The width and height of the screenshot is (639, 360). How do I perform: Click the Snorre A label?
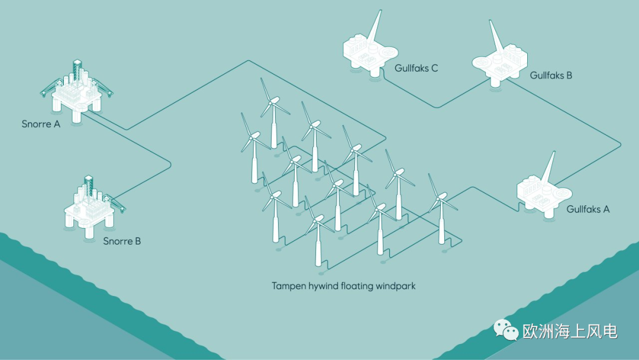click(41, 124)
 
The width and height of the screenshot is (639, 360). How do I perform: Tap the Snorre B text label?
click(122, 242)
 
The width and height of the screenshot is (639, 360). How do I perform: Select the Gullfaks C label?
click(416, 68)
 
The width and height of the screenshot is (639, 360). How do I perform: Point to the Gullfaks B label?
click(551, 75)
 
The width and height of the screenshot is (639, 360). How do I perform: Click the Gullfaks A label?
click(588, 209)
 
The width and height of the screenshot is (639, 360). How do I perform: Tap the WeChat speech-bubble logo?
click(506, 330)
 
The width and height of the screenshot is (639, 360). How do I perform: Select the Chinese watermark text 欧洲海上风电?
click(570, 332)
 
